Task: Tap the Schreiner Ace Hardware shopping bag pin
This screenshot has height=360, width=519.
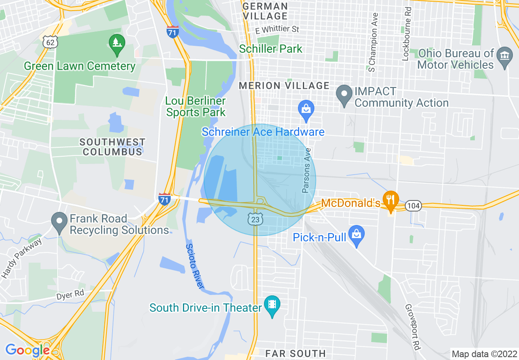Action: pyautogui.click(x=306, y=110)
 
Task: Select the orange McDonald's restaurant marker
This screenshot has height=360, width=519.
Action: pyautogui.click(x=391, y=200)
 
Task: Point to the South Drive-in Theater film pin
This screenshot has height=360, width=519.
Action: pyautogui.click(x=272, y=306)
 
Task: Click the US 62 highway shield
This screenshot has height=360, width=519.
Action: pyautogui.click(x=50, y=42)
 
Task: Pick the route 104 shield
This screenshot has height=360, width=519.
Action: pyautogui.click(x=413, y=206)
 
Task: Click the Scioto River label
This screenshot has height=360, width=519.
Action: pyautogui.click(x=195, y=266)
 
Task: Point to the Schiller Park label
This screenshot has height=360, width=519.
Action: pyautogui.click(x=271, y=49)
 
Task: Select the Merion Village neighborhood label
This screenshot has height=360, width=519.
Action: pyautogui.click(x=284, y=86)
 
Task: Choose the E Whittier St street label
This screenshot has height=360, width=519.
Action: pyautogui.click(x=277, y=29)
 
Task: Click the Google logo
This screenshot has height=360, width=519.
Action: pyautogui.click(x=27, y=350)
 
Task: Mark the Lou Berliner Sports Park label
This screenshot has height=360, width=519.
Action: pyautogui.click(x=196, y=106)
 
